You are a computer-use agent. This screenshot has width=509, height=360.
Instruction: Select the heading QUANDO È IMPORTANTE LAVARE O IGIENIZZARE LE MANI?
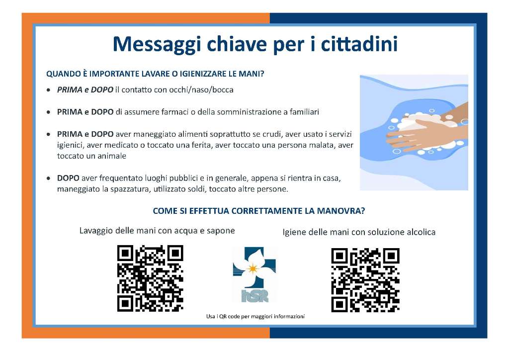click(x=155, y=74)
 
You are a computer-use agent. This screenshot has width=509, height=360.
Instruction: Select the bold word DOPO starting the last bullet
click(x=68, y=178)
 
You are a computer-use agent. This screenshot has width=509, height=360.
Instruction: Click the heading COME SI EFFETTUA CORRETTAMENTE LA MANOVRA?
click(x=258, y=211)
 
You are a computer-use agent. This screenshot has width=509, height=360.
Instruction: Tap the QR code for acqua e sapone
click(x=150, y=278)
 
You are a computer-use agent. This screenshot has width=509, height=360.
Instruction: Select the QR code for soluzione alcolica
click(x=365, y=280)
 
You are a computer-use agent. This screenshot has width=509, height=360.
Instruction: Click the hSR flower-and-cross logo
click(x=254, y=274)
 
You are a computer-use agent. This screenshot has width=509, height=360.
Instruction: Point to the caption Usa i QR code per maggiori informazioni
click(x=255, y=317)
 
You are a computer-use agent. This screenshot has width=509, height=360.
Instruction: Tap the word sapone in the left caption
click(x=221, y=231)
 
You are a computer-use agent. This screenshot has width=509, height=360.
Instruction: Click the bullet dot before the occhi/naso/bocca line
click(x=48, y=90)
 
